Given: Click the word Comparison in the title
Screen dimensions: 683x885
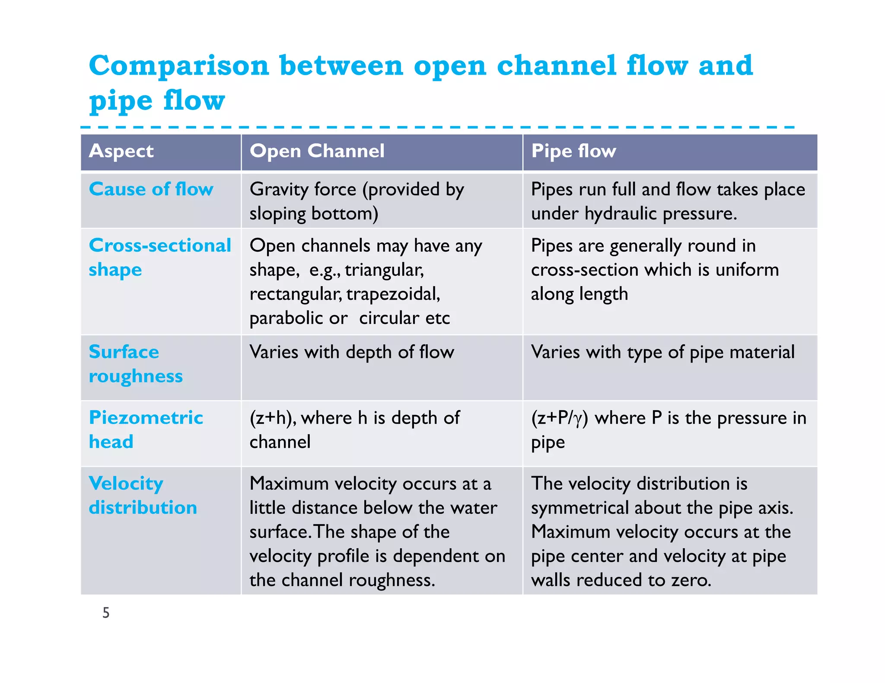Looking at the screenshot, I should [179, 66].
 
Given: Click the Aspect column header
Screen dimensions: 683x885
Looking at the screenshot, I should [121, 151].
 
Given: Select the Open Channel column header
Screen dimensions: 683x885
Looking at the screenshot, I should [317, 151].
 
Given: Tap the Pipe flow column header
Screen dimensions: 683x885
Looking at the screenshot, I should [573, 151].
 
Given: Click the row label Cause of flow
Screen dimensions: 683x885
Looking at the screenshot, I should [151, 189].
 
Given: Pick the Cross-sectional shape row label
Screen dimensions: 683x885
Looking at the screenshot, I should [159, 257].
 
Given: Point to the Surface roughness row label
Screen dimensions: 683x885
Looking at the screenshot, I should [135, 364].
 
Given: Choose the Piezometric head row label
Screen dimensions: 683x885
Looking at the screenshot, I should [146, 429].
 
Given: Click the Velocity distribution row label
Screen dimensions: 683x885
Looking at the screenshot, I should [143, 495].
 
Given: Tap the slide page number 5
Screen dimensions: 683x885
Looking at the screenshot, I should [106, 613].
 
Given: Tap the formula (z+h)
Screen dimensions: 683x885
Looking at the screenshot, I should [273, 418].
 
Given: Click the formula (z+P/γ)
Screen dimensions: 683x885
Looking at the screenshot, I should [560, 418].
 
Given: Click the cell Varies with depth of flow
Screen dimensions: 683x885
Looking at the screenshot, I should [352, 352].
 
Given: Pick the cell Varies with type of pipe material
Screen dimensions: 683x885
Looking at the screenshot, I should [662, 352].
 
